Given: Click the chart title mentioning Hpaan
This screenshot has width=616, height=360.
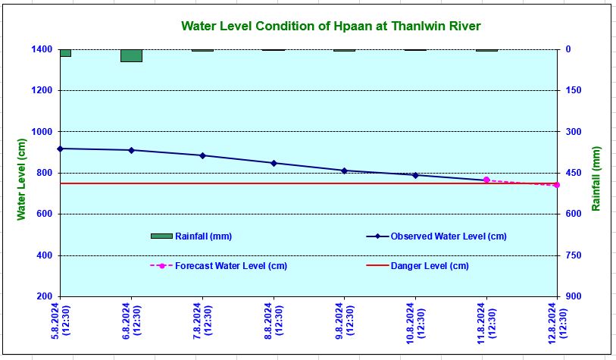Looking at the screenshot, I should [x=331, y=26].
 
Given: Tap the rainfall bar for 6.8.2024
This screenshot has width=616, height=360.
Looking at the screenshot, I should [x=131, y=55].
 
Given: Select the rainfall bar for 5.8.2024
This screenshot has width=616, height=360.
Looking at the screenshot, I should [x=65, y=52].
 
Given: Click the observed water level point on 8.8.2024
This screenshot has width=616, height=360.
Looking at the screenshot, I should [x=274, y=163].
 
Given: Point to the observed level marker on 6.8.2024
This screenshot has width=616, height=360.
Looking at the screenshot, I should [x=131, y=150].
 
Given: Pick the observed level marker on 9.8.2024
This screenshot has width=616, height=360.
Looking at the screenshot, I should [x=344, y=171].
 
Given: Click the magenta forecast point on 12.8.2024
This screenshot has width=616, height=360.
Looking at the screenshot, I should [x=557, y=185].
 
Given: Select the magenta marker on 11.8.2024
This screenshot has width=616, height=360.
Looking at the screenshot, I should [x=486, y=180].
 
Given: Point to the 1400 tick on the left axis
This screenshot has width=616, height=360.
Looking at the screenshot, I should [x=42, y=49].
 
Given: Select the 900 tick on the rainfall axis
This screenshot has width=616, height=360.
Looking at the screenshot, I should [x=573, y=297].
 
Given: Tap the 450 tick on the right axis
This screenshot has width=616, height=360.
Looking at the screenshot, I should [x=573, y=173].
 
